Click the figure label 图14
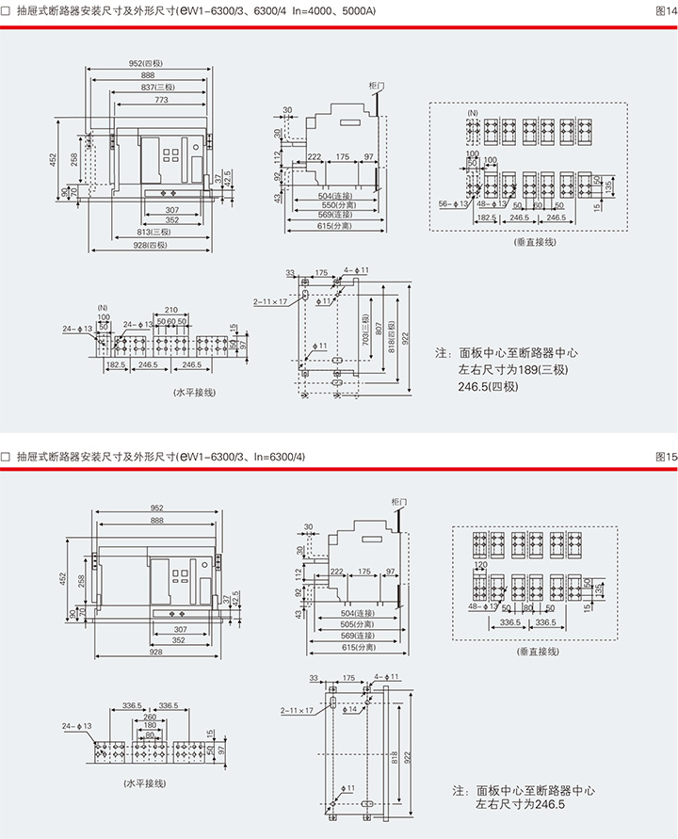[x=665, y=9]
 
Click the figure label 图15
[x=665, y=457]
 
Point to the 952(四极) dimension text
[x=146, y=63]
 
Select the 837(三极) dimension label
[x=148, y=87]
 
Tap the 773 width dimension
[x=161, y=99]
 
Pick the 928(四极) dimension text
[x=151, y=245]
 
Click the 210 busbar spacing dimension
[x=171, y=310]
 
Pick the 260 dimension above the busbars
[x=150, y=717]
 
